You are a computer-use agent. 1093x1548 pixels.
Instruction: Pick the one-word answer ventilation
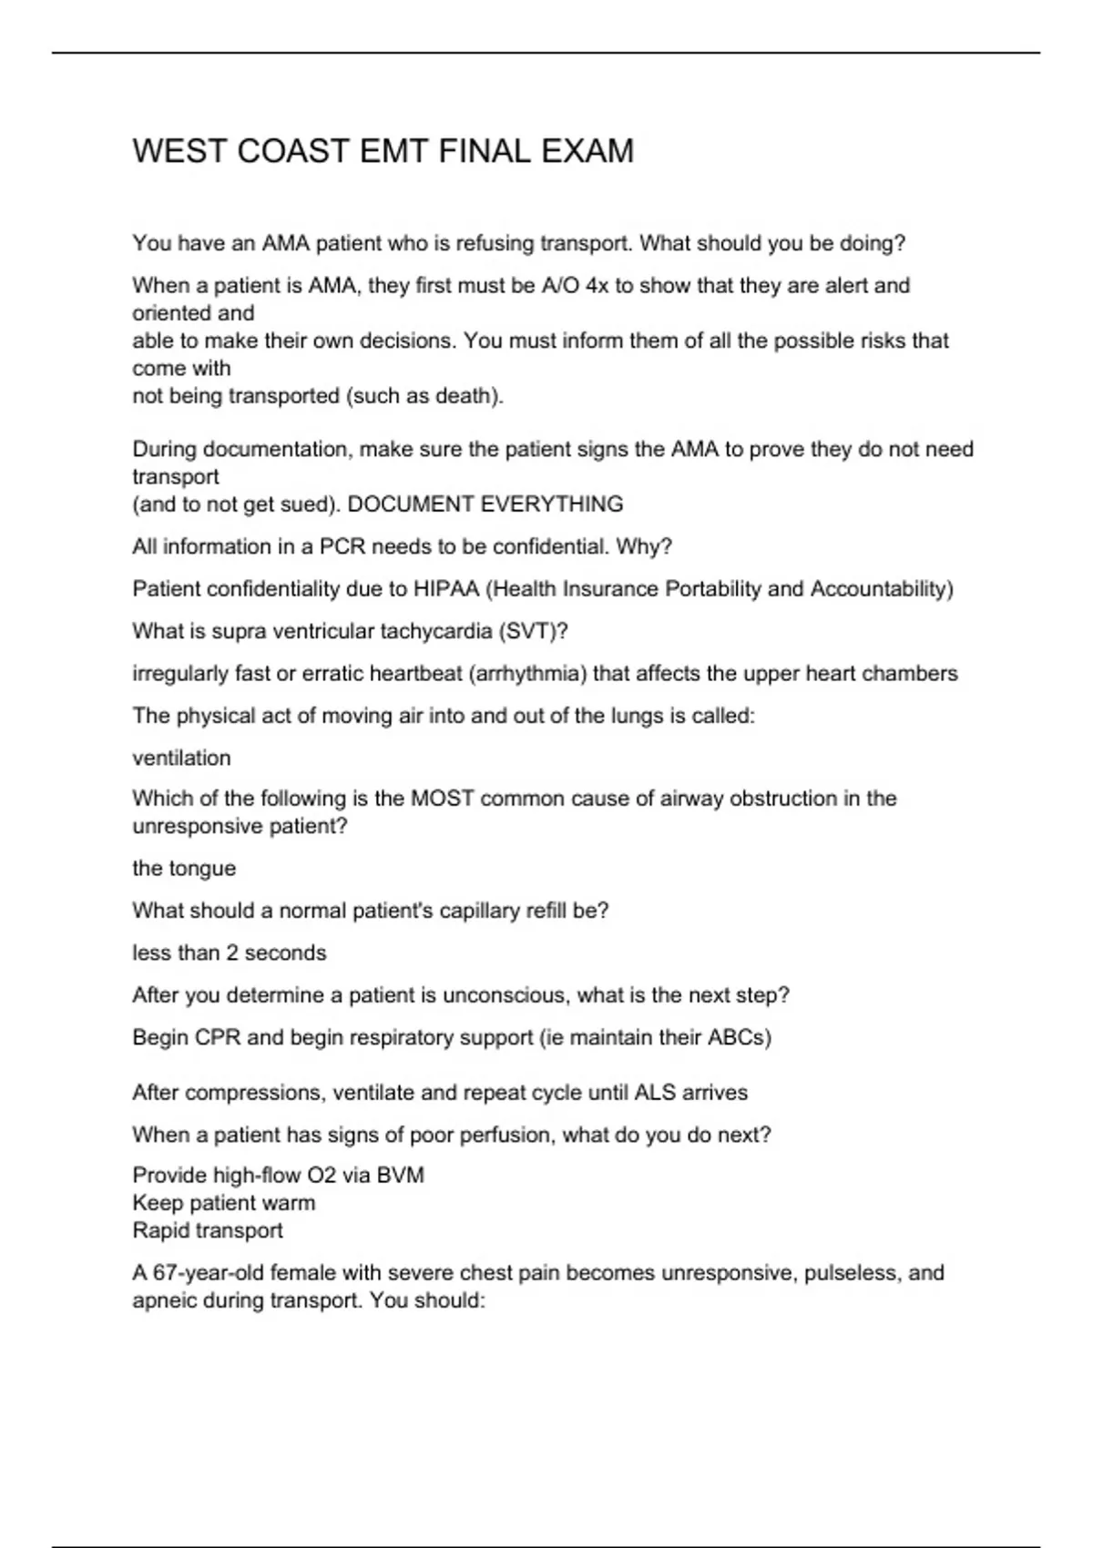click(181, 758)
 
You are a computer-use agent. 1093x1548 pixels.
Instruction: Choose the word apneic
click(166, 1300)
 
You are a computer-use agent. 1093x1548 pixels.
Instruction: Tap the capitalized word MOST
click(442, 799)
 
